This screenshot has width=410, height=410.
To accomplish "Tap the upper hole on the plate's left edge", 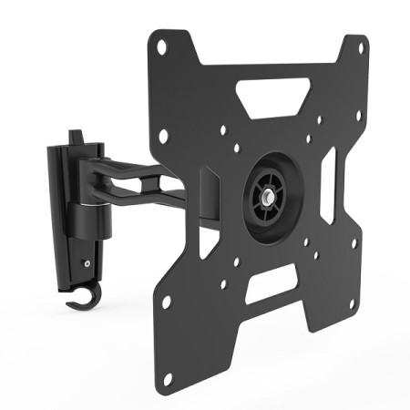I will pos(164,135).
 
